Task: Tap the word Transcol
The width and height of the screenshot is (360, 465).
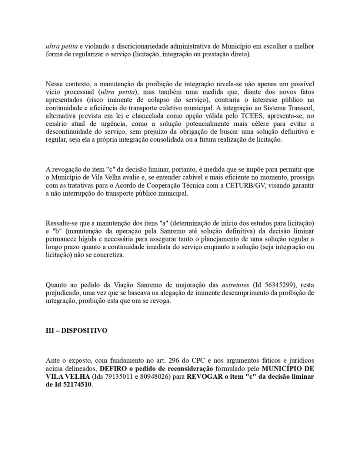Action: point(298,108)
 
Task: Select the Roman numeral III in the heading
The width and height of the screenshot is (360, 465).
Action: point(50,331)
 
